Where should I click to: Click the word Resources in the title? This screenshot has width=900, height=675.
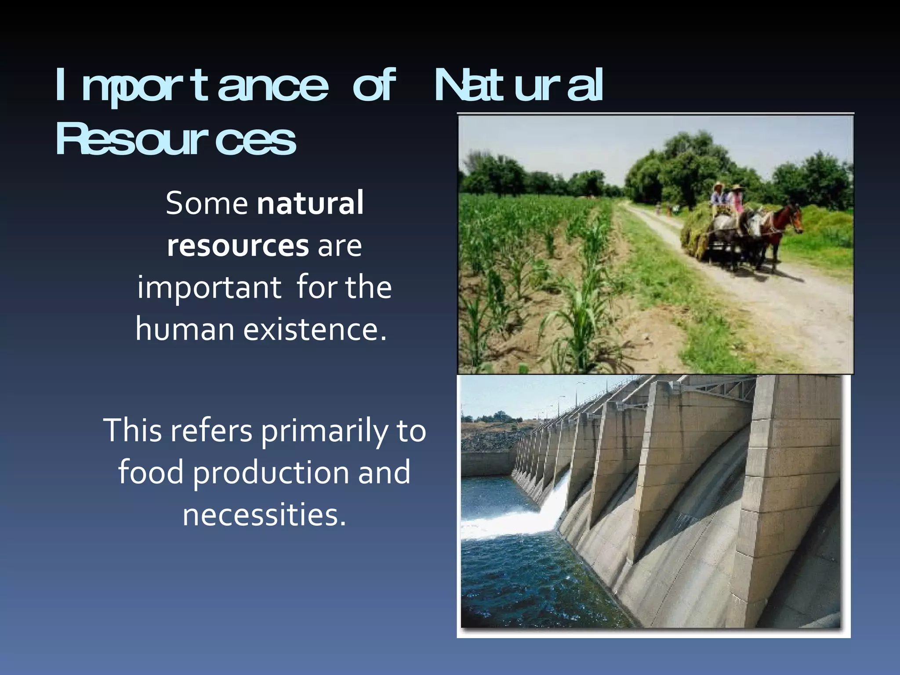176,140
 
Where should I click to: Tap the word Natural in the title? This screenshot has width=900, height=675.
519,86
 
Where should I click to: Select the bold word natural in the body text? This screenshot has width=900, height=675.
310,203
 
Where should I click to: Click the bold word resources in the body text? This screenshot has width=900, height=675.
238,245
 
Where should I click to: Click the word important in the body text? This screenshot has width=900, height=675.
209,287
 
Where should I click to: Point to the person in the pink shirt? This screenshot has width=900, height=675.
737,200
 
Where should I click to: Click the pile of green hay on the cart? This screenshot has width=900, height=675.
699,229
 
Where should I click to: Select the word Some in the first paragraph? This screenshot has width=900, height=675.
207,203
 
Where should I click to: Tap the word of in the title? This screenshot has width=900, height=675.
374,86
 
